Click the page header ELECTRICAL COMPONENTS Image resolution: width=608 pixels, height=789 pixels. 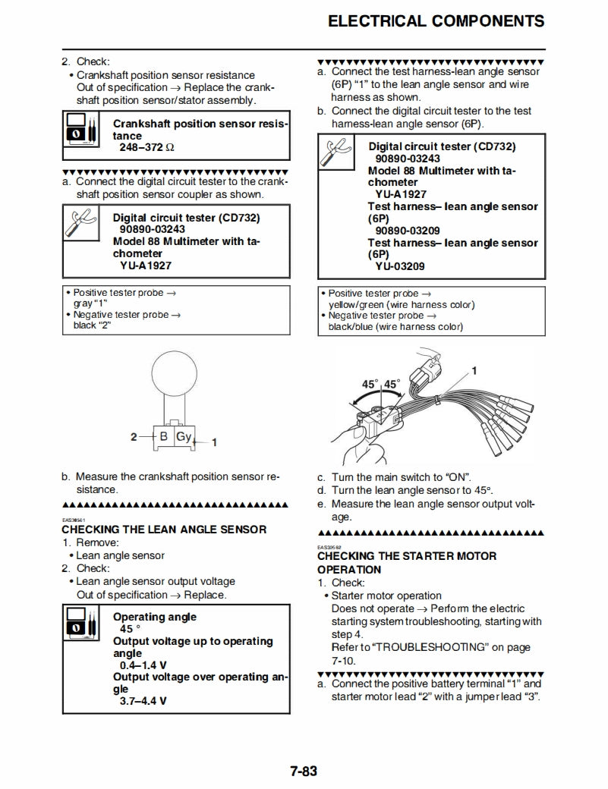tap(436, 21)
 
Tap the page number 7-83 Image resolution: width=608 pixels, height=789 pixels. tap(303, 772)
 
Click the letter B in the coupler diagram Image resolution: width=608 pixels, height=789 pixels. tap(163, 436)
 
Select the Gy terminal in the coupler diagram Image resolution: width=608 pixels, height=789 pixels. tap(184, 436)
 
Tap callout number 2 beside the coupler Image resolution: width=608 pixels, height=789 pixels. tap(134, 437)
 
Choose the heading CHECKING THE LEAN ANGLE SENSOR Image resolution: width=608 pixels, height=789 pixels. tap(164, 529)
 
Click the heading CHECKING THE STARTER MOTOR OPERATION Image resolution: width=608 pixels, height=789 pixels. tap(407, 562)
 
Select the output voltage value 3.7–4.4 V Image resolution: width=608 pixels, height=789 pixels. tap(143, 701)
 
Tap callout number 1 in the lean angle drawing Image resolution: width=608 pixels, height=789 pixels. tap(474, 371)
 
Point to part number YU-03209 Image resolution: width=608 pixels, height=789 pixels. tap(400, 266)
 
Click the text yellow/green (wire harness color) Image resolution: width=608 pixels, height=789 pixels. tap(402, 304)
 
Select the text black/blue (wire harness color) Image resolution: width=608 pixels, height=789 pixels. tap(395, 326)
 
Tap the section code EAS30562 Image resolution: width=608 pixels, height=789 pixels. tap(329, 546)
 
